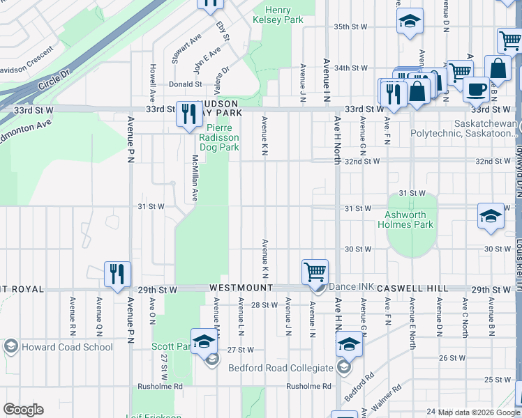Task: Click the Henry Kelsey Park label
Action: (284, 15)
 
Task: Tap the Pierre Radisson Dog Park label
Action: (219, 137)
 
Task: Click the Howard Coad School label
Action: (67, 347)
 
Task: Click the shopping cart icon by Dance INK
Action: (315, 272)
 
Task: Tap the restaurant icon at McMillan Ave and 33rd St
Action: (189, 114)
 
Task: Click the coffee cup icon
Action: (477, 89)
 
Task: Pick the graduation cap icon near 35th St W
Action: (410, 21)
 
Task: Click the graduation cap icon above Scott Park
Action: (204, 341)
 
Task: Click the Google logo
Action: (24, 410)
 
